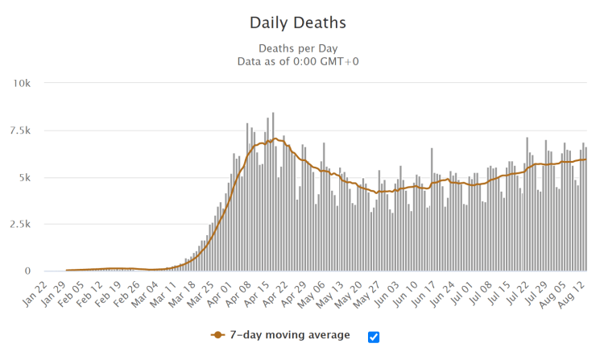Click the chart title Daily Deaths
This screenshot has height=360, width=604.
pos(301,22)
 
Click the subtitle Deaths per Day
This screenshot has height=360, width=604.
pos(301,48)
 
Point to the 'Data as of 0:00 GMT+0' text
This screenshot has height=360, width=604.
pos(301,61)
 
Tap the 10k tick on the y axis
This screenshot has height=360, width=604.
pos(19,84)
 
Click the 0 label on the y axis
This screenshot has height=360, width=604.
pos(27,271)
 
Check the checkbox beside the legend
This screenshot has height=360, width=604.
pos(374,337)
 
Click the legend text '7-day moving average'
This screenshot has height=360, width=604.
pos(289,335)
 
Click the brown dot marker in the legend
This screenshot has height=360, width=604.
pos(217,335)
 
